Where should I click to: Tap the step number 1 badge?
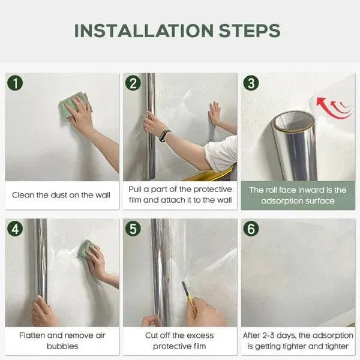[14, 83]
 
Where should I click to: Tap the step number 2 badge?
[133, 83]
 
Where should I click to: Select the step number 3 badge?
[251, 83]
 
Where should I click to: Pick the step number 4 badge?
[14, 228]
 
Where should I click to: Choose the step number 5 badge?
[133, 228]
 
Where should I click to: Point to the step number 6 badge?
[251, 228]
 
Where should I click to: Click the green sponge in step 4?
[86, 248]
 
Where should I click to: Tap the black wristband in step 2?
[165, 135]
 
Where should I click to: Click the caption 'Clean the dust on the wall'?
[61, 195]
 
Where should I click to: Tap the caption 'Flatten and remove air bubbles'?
[61, 340]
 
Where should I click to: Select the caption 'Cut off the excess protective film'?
[179, 340]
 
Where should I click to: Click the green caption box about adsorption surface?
[298, 195]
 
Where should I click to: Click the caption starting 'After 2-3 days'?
[298, 340]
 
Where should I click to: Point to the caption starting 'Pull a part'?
[179, 195]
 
